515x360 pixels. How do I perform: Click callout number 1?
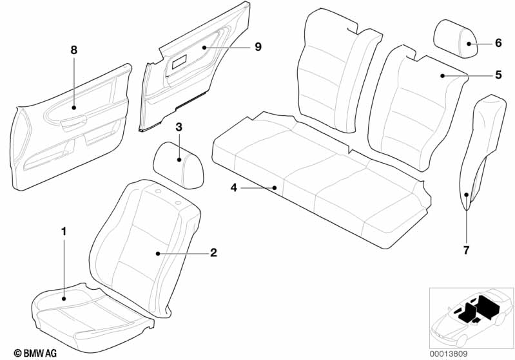click(x=63, y=230)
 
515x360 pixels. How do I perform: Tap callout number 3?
click(x=179, y=127)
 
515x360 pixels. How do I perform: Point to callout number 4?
click(x=234, y=188)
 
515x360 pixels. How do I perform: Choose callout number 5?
click(x=498, y=75)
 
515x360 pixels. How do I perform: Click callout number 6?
click(x=498, y=44)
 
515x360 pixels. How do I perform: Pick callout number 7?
click(x=467, y=249)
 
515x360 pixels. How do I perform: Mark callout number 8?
click(x=73, y=50)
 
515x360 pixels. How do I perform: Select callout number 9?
click(x=257, y=47)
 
